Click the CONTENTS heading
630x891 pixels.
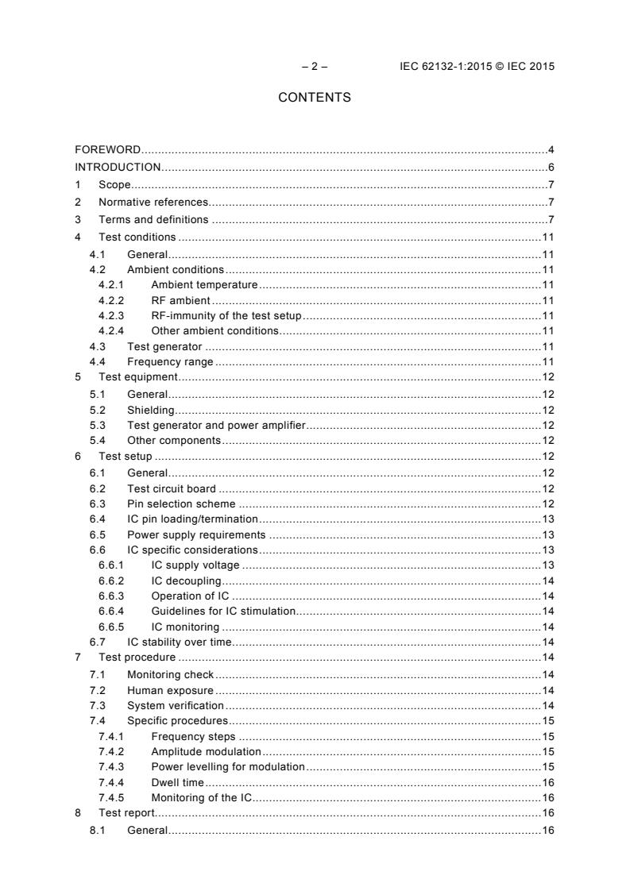pos(315,98)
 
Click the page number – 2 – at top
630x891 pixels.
pos(315,66)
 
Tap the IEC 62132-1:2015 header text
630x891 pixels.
pos(477,66)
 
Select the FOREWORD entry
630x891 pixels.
pos(108,149)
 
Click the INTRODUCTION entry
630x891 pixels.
pos(118,167)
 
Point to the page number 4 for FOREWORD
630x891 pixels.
pos(551,149)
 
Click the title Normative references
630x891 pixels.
pos(153,202)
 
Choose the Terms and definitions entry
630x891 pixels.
pos(153,219)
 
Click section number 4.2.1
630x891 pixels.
pos(112,284)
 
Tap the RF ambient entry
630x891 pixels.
pos(180,300)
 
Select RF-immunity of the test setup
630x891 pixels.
pos(225,315)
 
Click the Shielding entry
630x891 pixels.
pos(150,410)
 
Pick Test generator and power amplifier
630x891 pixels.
pos(216,426)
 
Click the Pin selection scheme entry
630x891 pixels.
pos(181,503)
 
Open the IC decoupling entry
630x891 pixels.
pos(186,581)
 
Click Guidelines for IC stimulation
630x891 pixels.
pos(222,611)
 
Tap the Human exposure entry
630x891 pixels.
pos(170,690)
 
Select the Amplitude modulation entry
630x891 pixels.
pos(206,751)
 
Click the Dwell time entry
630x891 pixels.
pos(177,782)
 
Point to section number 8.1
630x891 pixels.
pos(98,830)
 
